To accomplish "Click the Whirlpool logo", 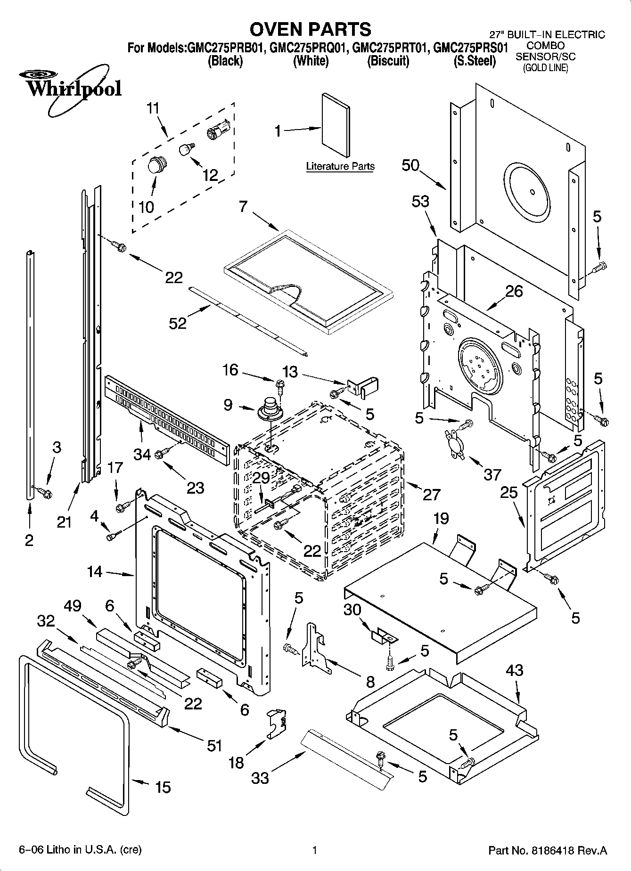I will point(71,90).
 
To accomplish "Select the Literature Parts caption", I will point(340,166).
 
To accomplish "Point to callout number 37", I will point(492,474).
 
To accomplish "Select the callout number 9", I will point(228,405).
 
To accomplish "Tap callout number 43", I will point(514,670).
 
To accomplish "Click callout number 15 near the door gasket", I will point(163,787).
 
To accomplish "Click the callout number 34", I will point(142,455).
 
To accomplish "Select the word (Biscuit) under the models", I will point(388,61).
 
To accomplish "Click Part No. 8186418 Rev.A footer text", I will point(548,851).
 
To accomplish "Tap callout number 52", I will point(178,323).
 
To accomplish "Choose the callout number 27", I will point(431,494).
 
